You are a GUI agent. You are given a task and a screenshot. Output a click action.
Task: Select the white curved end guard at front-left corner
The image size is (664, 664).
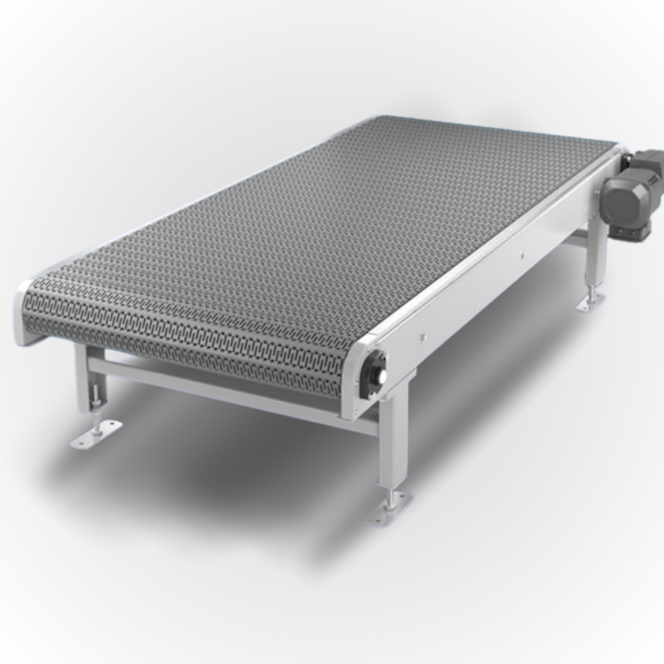(22, 314)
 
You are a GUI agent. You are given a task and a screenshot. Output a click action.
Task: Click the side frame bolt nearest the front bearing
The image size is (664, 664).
(422, 336)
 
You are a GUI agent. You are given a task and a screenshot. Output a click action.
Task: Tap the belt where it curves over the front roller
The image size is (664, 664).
(184, 344)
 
